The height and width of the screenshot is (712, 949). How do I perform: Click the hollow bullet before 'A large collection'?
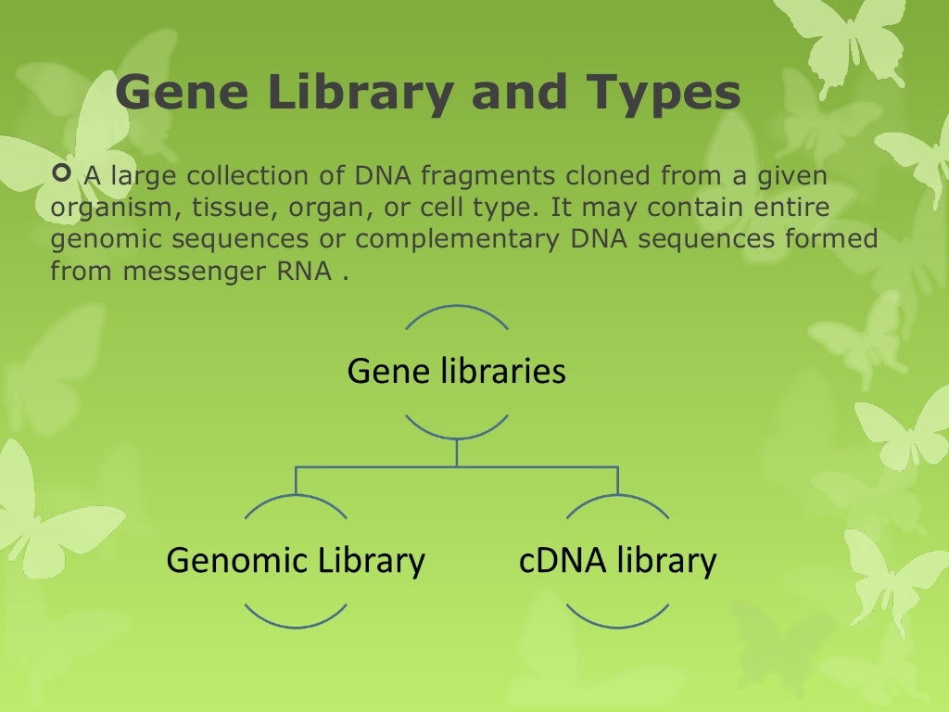(62, 173)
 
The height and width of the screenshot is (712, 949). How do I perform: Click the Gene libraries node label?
(456, 372)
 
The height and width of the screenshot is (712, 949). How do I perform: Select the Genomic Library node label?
(295, 560)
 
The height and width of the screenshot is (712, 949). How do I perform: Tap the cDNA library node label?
(617, 560)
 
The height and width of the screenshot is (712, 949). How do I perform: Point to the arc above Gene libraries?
(456, 309)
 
